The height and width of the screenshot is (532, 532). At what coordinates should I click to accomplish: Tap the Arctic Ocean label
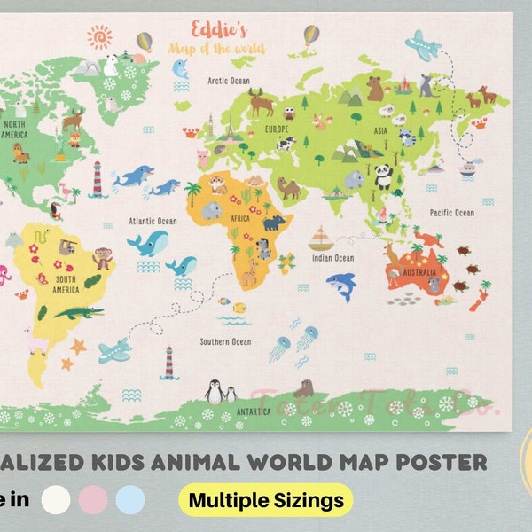[x=230, y=81]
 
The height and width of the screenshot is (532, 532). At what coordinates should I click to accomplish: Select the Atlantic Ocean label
[x=153, y=221]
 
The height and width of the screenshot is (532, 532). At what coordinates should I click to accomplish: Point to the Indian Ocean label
[x=332, y=258]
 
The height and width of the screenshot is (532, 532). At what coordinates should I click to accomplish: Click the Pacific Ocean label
[x=452, y=213]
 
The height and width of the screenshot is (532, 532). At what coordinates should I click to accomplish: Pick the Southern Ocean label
[x=225, y=341]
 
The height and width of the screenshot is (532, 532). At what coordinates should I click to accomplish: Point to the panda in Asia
[x=383, y=176]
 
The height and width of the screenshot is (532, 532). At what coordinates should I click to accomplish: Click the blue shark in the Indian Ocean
[x=340, y=286]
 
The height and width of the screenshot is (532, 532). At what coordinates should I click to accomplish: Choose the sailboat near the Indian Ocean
[x=320, y=239]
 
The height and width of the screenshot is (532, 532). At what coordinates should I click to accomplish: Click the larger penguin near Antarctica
[x=214, y=390]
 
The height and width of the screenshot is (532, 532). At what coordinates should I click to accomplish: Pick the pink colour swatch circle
[x=91, y=500]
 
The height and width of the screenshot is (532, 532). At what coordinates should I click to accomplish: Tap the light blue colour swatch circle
[x=130, y=500]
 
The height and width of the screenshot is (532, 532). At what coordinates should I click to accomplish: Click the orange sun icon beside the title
[x=100, y=36]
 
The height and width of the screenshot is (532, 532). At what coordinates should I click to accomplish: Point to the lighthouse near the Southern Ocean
[x=168, y=363]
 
